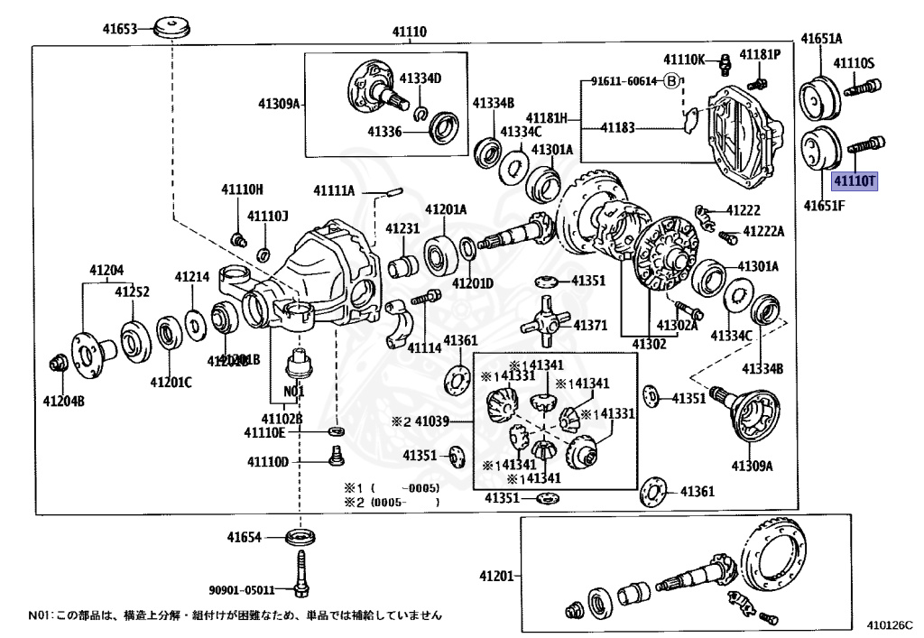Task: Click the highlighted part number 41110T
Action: click(854, 180)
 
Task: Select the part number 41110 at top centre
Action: click(409, 32)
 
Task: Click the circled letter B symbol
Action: click(670, 80)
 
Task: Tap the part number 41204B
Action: click(65, 401)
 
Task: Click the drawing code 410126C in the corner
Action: click(890, 623)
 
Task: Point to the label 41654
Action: click(245, 538)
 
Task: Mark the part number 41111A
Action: click(334, 190)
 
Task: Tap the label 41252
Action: click(131, 291)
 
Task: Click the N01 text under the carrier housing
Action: click(294, 393)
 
